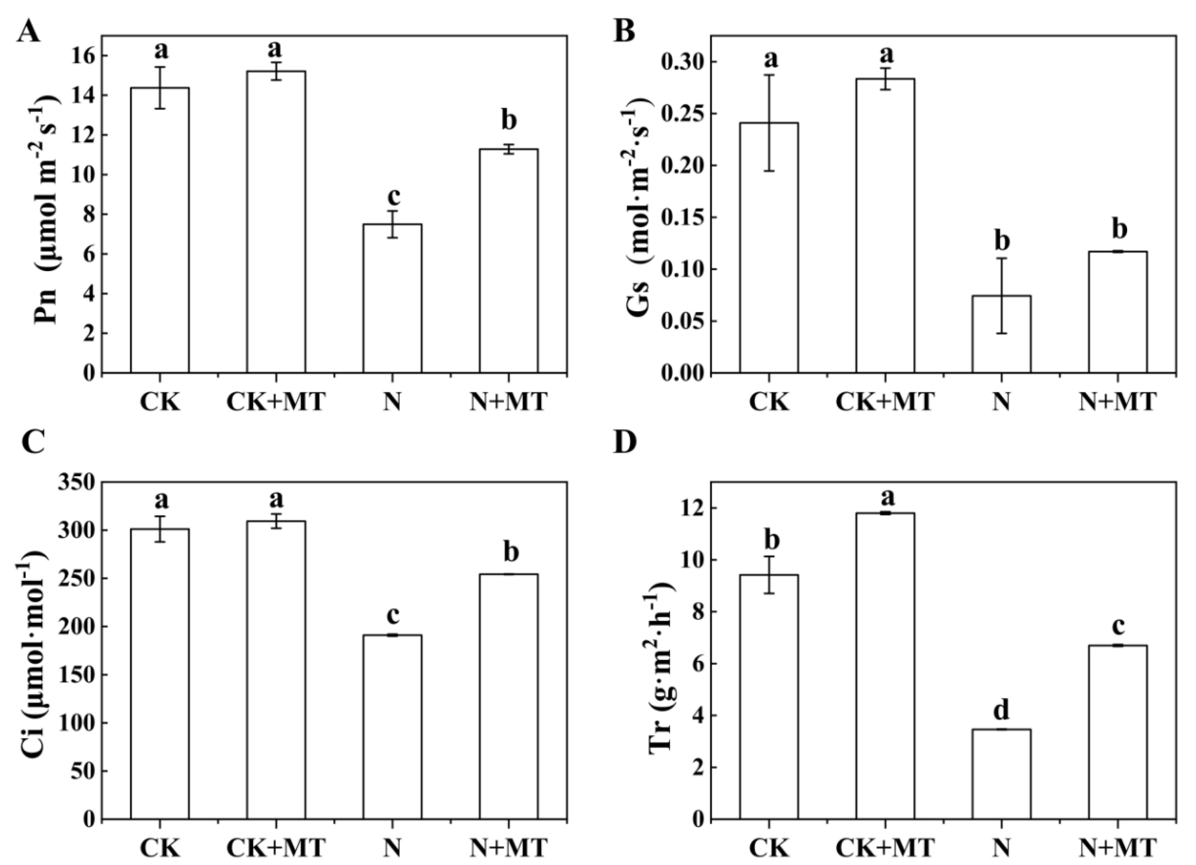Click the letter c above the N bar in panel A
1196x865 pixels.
coord(393,196)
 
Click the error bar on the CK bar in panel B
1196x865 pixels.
coord(769,122)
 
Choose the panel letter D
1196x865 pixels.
coord(626,443)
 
